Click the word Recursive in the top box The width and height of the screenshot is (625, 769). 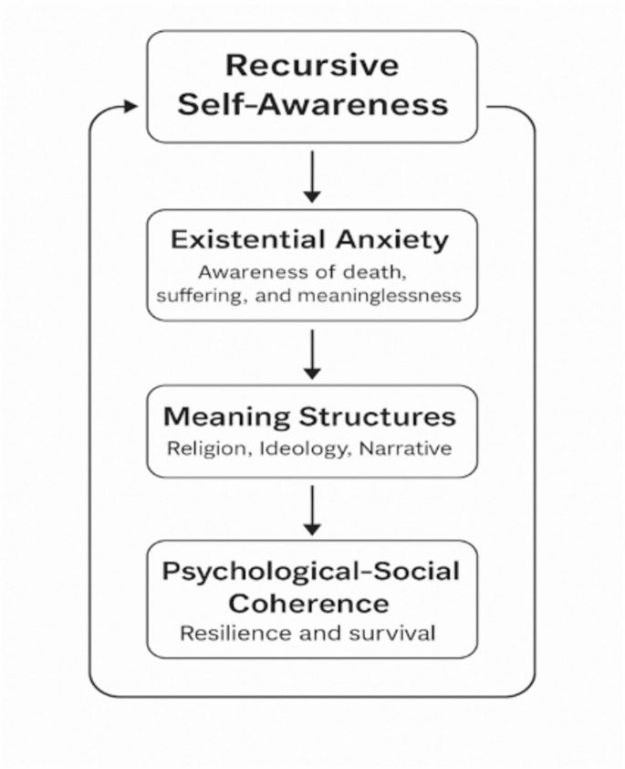click(312, 65)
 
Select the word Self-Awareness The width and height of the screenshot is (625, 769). click(312, 104)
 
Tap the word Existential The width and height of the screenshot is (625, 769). click(248, 240)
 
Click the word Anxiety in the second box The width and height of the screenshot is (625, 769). click(392, 241)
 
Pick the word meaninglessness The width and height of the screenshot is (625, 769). click(380, 296)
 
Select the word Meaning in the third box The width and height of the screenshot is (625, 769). click(226, 417)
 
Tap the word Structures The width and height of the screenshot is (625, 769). click(378, 416)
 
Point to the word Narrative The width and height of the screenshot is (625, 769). click(405, 448)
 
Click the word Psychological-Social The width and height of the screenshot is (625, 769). click(311, 572)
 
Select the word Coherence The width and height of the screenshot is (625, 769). click(308, 603)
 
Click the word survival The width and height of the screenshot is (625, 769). click(391, 633)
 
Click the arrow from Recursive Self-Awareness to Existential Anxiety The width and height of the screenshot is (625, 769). click(312, 176)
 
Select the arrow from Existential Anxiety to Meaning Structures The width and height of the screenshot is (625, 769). click(312, 354)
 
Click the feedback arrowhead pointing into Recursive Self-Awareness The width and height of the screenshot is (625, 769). click(131, 106)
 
